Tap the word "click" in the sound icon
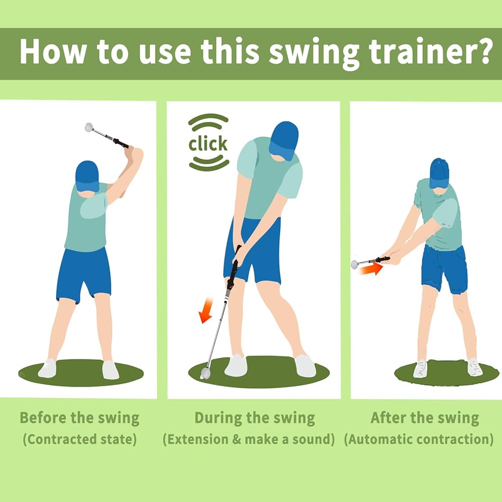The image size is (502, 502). point(208,144)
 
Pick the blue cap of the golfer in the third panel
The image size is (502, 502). point(439,172)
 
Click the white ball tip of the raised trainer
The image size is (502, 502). point(89,127)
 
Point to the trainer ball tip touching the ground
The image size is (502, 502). point(205,373)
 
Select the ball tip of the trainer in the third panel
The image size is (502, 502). point(355,264)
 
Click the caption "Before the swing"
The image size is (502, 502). point(79,418)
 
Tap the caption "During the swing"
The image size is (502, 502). point(255,418)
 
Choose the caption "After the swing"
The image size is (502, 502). point(425,418)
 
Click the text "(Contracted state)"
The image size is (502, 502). point(79,439)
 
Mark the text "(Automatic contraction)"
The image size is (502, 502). point(419,439)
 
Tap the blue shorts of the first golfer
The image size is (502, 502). point(83,274)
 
